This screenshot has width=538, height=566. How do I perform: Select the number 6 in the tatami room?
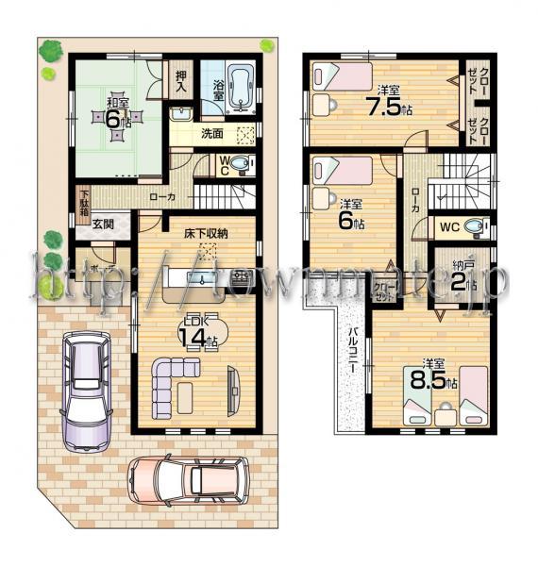click(x=112, y=119)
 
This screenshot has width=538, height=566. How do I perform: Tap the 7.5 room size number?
click(x=383, y=107)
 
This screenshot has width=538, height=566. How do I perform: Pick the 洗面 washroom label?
click(x=211, y=135)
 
